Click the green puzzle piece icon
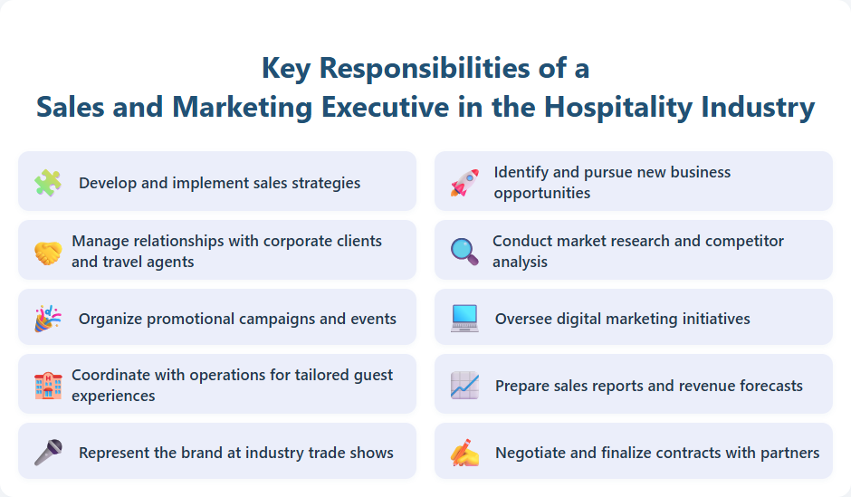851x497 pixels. coord(48,182)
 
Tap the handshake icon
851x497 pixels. coord(48,252)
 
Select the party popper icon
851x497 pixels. coord(48,319)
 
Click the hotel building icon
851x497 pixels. coord(48,386)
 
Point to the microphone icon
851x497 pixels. coord(48,452)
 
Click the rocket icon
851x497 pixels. coord(464,182)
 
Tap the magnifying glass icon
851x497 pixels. coord(464,251)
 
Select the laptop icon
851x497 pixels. coord(464,319)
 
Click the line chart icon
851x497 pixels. coord(464,386)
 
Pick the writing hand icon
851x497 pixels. coord(464,452)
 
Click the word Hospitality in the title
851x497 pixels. coord(620,107)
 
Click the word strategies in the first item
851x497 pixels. coord(326,183)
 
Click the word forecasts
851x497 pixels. coord(764,386)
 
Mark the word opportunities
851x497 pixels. coord(542,193)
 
